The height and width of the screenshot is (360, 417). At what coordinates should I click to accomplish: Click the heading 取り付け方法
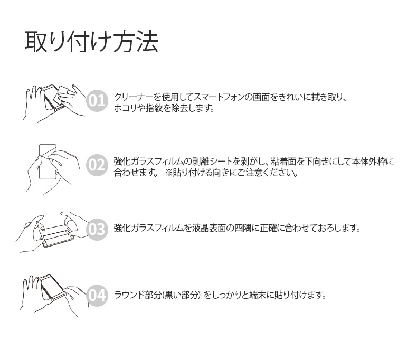pos(91,42)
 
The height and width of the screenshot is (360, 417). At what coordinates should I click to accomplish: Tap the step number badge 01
pos(97,100)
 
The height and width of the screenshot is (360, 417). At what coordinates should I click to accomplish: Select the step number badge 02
pos(97,166)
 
